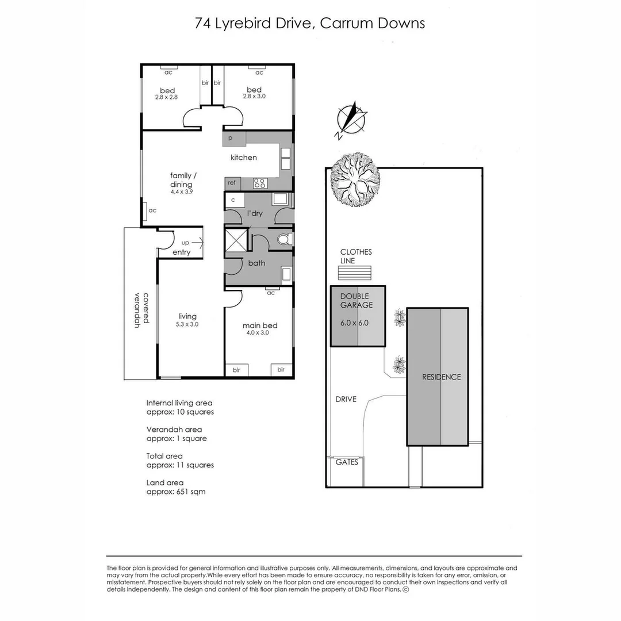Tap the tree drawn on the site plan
(355, 178)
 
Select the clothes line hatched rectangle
(354, 273)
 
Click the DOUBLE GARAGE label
(356, 301)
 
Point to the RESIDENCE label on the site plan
(441, 377)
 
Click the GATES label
(347, 462)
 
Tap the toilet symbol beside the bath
(284, 239)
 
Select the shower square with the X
(236, 240)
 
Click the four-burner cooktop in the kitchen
(260, 183)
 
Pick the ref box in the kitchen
(232, 183)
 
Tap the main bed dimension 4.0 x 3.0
(258, 333)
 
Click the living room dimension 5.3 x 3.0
(187, 324)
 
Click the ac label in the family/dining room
(152, 210)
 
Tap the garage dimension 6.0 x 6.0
(354, 323)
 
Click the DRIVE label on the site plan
(346, 399)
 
